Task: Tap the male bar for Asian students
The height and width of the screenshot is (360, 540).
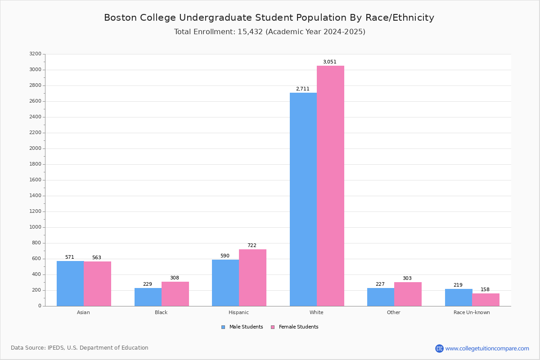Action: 70,283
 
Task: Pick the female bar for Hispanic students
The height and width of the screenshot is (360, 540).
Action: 252,278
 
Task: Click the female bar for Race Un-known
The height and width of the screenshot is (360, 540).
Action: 486,300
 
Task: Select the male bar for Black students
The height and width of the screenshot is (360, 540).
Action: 148,297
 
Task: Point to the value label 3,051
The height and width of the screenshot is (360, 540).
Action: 329,62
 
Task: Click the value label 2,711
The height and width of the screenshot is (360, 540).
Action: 302,89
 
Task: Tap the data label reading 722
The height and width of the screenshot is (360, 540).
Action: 252,246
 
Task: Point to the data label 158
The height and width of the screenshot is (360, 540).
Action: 485,290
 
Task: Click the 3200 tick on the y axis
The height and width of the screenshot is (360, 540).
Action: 35,54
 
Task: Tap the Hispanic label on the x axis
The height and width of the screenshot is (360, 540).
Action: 238,313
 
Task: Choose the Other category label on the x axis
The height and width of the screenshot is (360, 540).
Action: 393,313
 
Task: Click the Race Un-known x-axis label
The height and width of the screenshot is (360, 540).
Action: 472,313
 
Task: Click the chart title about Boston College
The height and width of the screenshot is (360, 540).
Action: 269,18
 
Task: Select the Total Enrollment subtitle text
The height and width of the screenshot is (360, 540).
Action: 270,32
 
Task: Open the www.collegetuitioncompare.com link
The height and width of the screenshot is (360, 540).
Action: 487,348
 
